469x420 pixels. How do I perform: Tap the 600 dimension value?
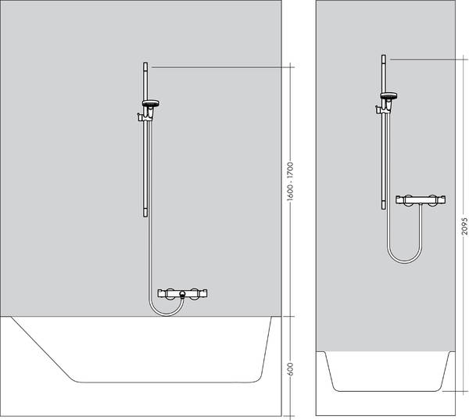coord(289,368)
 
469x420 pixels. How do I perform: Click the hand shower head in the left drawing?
coord(151,104)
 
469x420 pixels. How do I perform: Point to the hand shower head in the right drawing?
coord(388,97)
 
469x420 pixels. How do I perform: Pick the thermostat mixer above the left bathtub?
coord(181,295)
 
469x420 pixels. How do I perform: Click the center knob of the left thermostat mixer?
coord(181,296)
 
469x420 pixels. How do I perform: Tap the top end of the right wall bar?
coord(383,59)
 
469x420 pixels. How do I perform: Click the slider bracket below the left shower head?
coord(143,118)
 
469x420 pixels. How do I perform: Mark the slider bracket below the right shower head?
coord(381,110)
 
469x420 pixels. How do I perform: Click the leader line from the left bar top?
coord(219,68)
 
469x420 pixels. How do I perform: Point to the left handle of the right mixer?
coord(402,200)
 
